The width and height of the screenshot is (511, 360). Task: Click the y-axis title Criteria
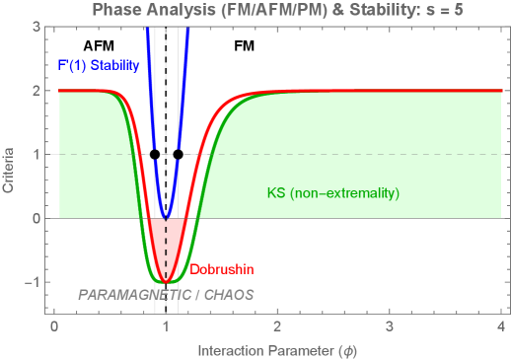point(9,169)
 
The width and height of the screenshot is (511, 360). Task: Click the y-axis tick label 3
point(36,26)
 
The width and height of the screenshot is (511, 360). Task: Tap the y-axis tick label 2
point(36,90)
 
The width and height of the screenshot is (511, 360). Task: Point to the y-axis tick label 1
point(36,154)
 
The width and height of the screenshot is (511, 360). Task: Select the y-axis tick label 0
point(36,218)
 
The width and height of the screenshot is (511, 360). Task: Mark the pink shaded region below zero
point(166,237)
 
